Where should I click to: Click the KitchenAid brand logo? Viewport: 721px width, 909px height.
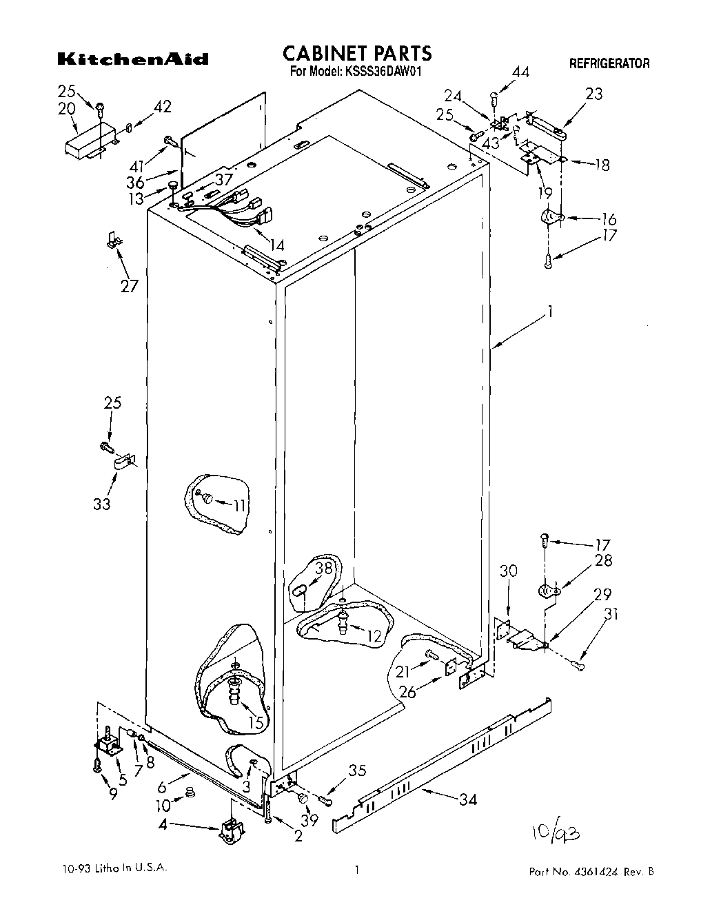pyautogui.click(x=132, y=59)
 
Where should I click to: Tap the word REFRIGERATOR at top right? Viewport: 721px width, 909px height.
pyautogui.click(x=609, y=64)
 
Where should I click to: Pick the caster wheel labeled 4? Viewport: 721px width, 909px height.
pyautogui.click(x=228, y=830)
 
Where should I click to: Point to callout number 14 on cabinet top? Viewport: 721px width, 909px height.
pyautogui.click(x=277, y=244)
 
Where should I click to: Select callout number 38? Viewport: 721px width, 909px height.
pyautogui.click(x=324, y=569)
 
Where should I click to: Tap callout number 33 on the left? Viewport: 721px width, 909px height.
pyautogui.click(x=102, y=504)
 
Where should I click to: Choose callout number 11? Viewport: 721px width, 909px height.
pyautogui.click(x=238, y=506)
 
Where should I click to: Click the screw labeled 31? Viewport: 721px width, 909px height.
pyautogui.click(x=578, y=664)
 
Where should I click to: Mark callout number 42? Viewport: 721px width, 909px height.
pyautogui.click(x=163, y=107)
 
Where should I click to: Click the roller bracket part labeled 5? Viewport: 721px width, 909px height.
pyautogui.click(x=107, y=746)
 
